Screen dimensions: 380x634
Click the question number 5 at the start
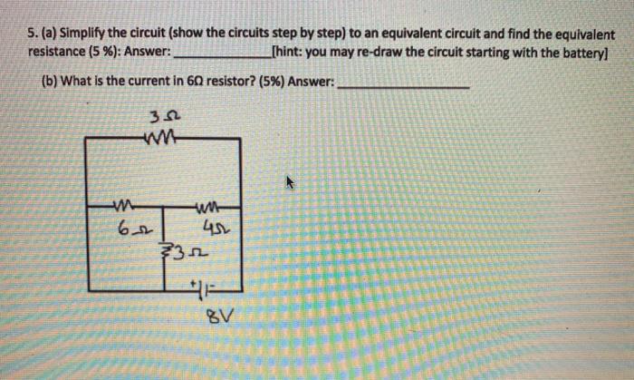click(32, 35)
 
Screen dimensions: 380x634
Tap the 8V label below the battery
click(202, 319)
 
